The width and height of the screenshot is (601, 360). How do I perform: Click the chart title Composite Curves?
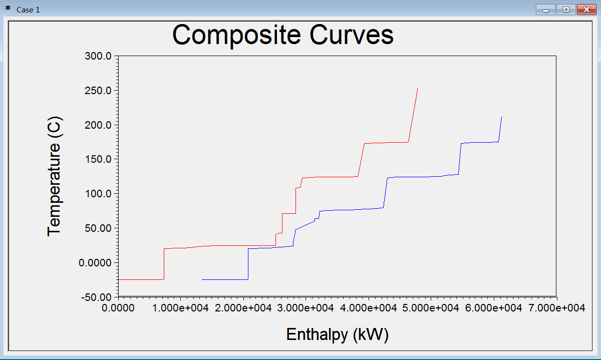tap(283, 35)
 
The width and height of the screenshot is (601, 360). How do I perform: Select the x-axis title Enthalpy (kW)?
tap(337, 334)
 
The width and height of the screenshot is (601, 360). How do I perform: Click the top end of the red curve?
tap(417, 89)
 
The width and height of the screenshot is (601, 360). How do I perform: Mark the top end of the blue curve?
tap(501, 117)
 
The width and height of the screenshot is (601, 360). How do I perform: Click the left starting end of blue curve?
tap(202, 279)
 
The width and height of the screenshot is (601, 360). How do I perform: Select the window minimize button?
tap(545, 10)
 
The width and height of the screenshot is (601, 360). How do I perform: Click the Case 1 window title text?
tap(28, 10)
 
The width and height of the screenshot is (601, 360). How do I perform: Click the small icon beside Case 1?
tap(8, 10)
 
